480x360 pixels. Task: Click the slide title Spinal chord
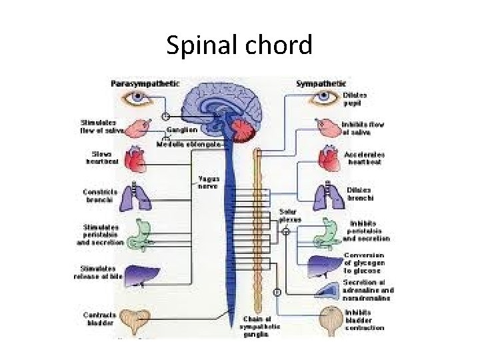click(x=239, y=45)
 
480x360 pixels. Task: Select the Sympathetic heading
click(x=321, y=83)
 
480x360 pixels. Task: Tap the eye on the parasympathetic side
click(x=137, y=99)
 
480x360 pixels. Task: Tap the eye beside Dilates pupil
click(x=324, y=99)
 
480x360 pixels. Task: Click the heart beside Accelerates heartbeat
click(x=329, y=159)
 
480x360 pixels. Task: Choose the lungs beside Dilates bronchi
click(x=329, y=195)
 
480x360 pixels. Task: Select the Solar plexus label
click(x=290, y=215)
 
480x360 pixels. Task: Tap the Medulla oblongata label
click(x=189, y=143)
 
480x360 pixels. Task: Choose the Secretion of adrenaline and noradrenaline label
click(x=368, y=291)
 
